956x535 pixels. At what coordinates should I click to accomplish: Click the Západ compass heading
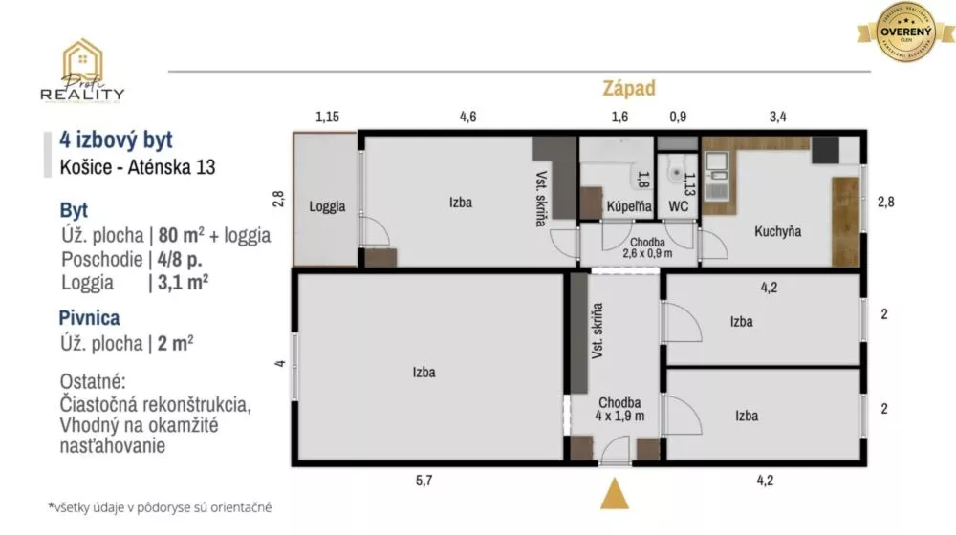click(x=628, y=89)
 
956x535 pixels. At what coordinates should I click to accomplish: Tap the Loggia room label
click(x=327, y=206)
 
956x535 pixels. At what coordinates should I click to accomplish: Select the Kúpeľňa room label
click(x=629, y=206)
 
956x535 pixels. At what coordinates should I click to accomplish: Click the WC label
click(x=680, y=206)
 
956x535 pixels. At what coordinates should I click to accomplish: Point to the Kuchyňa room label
click(x=777, y=231)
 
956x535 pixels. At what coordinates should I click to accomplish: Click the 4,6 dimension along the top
click(x=467, y=118)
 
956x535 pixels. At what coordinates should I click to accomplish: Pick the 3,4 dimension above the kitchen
click(x=777, y=118)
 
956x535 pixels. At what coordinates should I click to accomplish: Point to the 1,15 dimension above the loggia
click(x=328, y=118)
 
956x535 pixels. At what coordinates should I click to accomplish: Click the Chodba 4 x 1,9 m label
click(x=619, y=409)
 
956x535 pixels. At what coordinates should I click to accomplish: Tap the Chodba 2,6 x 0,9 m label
click(x=647, y=246)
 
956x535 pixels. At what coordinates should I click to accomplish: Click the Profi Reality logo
click(x=81, y=72)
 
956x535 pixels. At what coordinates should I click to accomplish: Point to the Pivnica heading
click(x=90, y=318)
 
